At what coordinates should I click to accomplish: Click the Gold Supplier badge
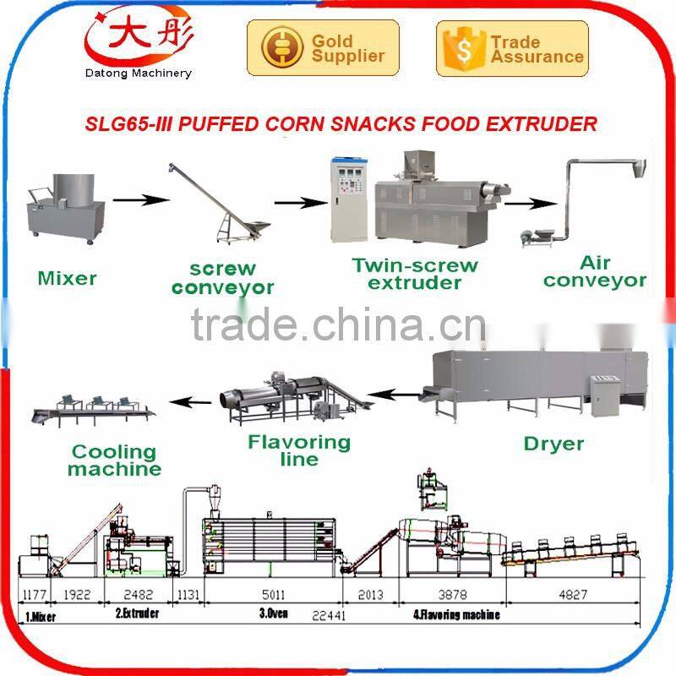315,48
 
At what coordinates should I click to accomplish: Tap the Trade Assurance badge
511,48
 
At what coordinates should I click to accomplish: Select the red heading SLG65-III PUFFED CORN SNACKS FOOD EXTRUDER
341,124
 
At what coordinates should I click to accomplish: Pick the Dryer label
553,443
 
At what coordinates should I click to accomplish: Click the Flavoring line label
299,450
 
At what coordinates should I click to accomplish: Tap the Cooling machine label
114,461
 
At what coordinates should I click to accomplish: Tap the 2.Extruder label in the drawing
137,614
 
